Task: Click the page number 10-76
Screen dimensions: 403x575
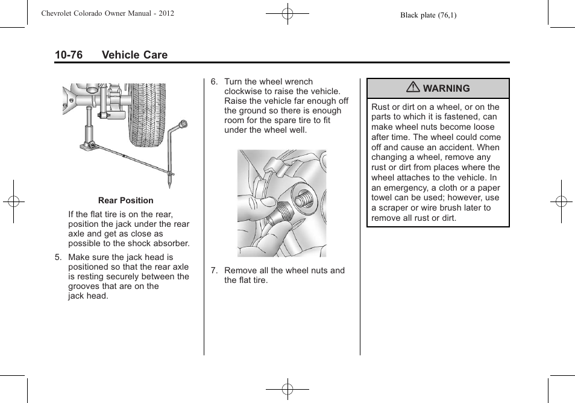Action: coord(68,55)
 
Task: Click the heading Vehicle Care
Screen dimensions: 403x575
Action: coord(134,55)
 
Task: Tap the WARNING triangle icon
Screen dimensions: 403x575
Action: coord(413,87)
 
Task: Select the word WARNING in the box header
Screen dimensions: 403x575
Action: coord(446,89)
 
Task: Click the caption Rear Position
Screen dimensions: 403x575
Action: coord(126,200)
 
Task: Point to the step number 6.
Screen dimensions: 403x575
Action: coord(213,81)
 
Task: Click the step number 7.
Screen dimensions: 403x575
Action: coord(213,270)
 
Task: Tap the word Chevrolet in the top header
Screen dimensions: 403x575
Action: coord(59,13)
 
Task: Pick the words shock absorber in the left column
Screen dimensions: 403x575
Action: coord(160,244)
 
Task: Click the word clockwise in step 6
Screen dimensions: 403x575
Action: coord(244,91)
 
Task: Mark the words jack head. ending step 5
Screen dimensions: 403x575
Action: coord(88,296)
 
